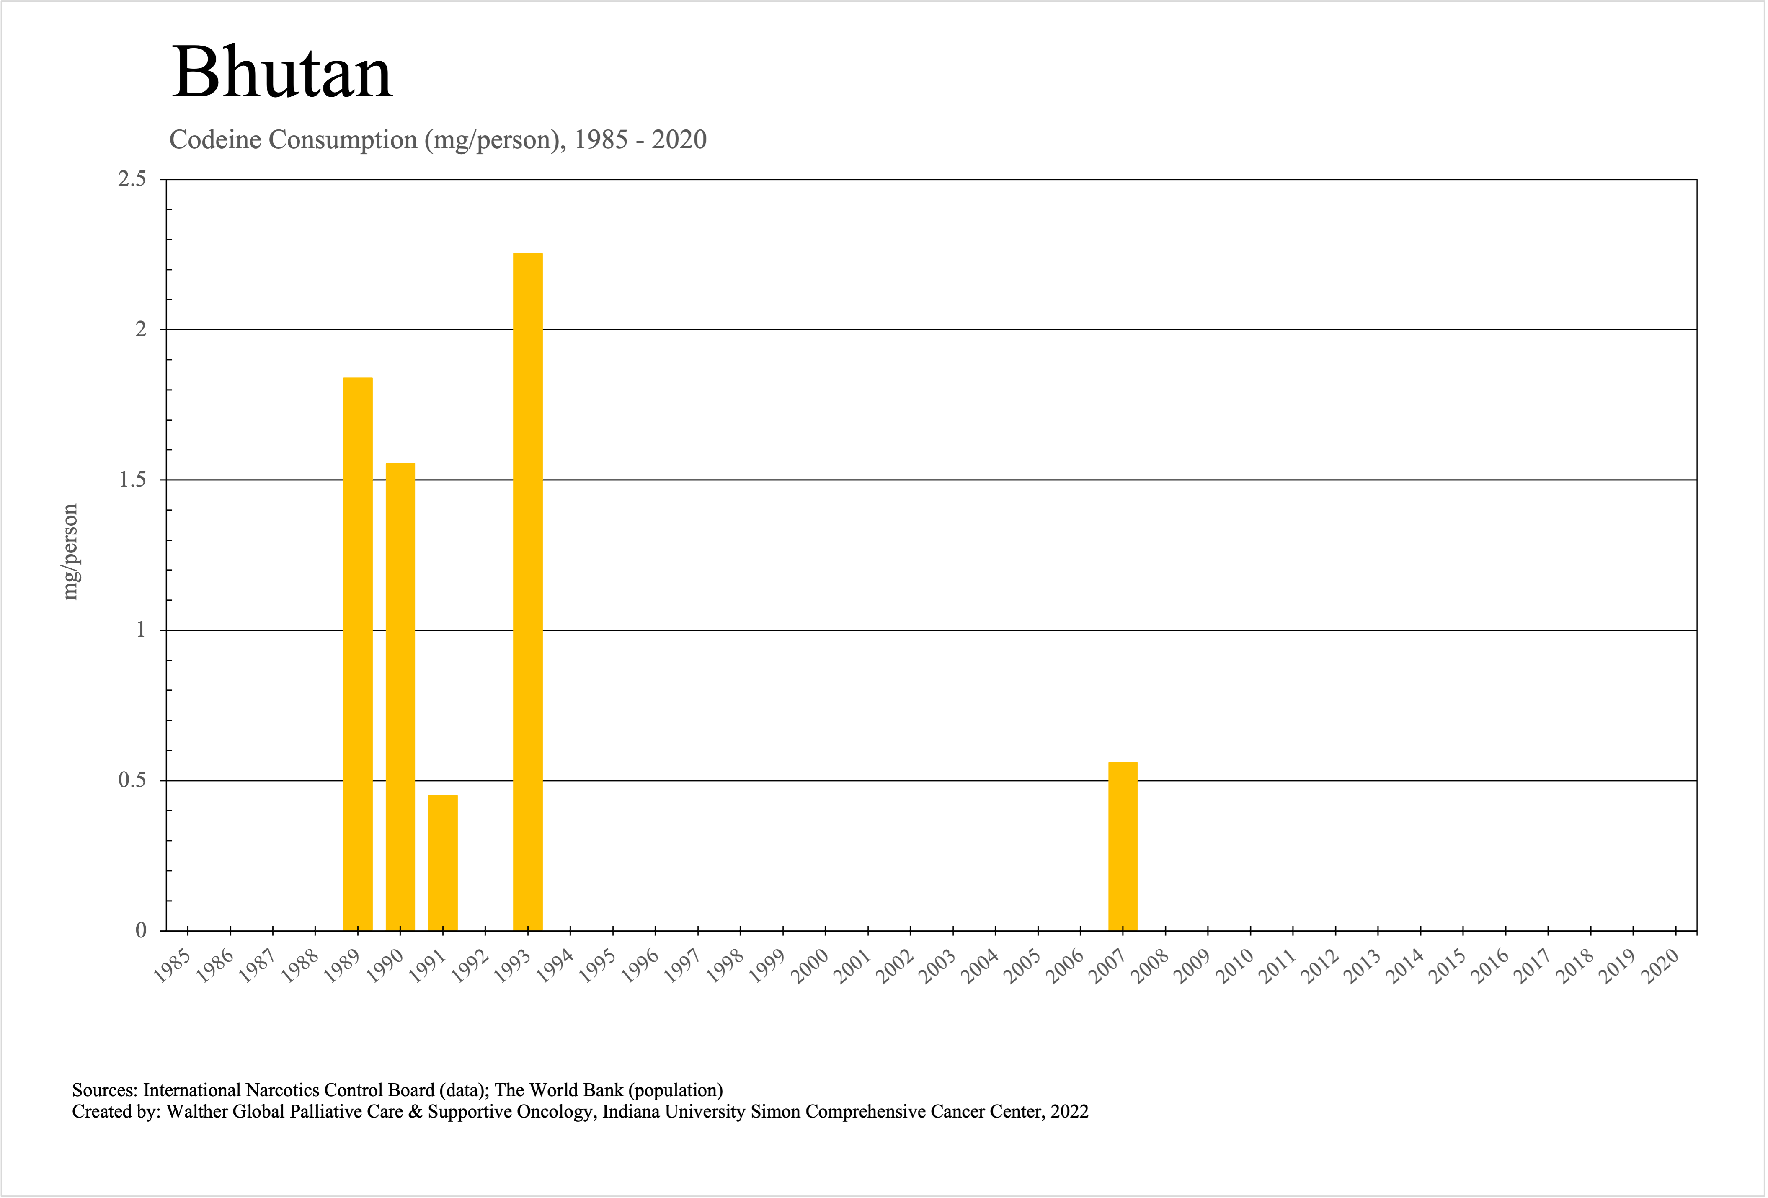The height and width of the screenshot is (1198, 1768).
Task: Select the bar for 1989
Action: (x=358, y=654)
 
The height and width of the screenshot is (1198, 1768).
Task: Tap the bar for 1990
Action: (x=400, y=697)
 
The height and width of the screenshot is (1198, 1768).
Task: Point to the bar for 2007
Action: (x=1123, y=846)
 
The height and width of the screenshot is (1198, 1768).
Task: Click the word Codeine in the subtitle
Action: (x=215, y=140)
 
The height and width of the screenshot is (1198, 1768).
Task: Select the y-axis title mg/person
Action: (x=70, y=552)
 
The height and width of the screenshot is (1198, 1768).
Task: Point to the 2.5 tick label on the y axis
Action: (x=132, y=180)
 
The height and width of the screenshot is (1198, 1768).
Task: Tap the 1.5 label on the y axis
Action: (x=132, y=480)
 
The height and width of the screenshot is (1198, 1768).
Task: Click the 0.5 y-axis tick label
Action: (x=132, y=780)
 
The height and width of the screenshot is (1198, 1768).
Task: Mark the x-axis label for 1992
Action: (x=470, y=966)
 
